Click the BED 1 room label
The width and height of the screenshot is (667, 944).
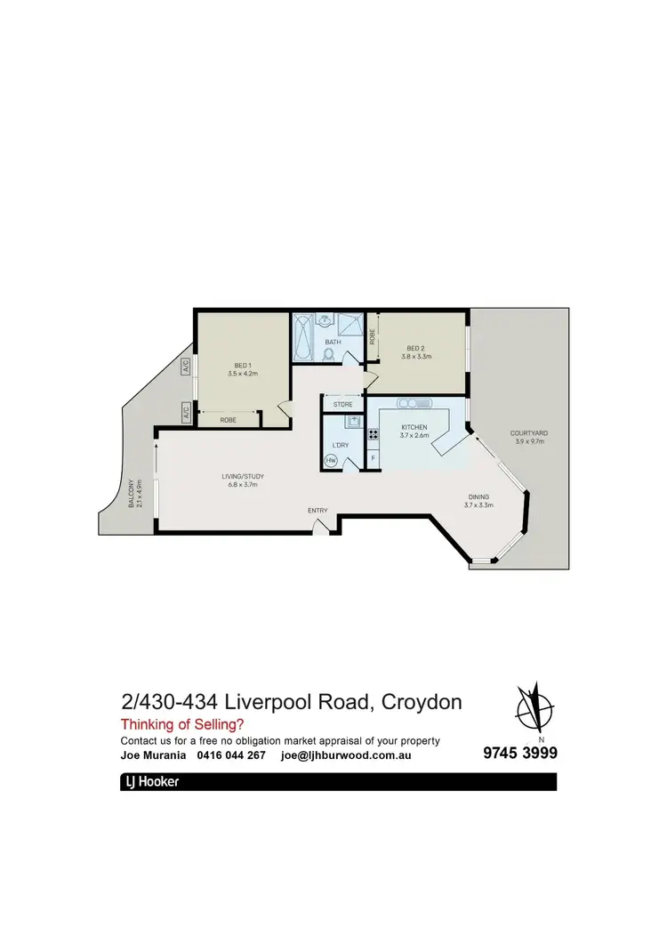tap(242, 366)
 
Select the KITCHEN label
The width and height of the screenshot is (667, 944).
tap(414, 428)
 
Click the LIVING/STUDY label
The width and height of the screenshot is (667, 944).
tap(243, 476)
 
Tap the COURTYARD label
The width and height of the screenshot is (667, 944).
tap(529, 433)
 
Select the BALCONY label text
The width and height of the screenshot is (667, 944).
tap(131, 494)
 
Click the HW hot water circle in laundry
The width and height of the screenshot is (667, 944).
tap(331, 460)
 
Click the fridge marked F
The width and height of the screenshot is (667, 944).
tap(373, 458)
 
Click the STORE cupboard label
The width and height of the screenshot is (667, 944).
tap(342, 405)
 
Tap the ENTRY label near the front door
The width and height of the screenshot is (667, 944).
tap(317, 510)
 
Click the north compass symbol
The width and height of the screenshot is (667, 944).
tap(536, 709)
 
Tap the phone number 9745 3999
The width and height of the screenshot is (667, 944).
tap(520, 754)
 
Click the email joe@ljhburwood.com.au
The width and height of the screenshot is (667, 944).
tap(345, 755)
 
